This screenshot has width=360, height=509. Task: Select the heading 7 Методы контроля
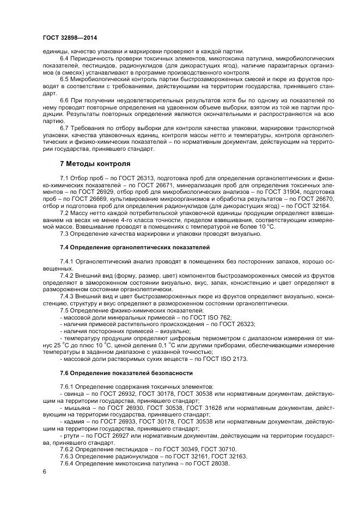click(94, 163)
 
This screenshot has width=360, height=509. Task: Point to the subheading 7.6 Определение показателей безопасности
click(126, 373)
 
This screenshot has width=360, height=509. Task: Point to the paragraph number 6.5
click(65, 78)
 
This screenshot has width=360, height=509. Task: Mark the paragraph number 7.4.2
click(69, 275)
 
